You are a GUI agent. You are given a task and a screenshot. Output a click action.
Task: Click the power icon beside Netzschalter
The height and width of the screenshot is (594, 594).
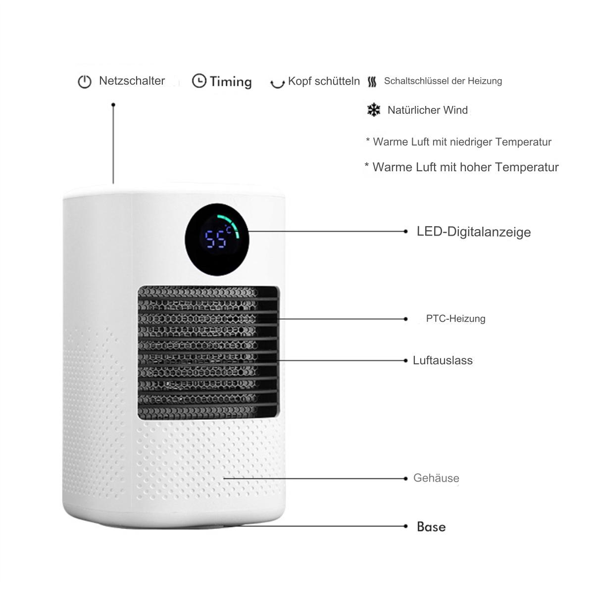pos(85,82)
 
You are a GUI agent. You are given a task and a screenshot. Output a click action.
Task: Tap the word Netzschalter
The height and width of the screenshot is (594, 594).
pos(132,81)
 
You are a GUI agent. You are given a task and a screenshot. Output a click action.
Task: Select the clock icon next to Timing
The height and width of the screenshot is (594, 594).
pos(199,81)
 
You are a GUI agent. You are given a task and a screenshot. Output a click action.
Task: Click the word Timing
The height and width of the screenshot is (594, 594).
pos(231,82)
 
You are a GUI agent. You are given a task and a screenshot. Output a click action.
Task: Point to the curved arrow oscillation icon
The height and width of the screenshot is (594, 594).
pos(277,84)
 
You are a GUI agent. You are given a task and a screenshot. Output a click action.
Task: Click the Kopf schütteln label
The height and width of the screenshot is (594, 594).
pos(324,81)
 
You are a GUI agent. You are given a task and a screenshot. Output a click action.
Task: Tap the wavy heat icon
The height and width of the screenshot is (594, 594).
pos(372,82)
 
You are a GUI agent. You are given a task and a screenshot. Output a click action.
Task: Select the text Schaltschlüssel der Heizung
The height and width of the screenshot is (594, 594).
pos(443,81)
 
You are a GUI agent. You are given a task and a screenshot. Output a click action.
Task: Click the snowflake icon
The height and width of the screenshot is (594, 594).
pos(374,110)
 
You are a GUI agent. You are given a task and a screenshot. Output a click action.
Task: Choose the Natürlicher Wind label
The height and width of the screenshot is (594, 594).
pos(428,110)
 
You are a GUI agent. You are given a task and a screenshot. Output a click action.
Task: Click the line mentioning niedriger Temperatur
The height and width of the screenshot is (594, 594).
pos(459,142)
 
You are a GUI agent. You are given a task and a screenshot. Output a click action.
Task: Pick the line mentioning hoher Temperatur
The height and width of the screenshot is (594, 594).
pos(461,167)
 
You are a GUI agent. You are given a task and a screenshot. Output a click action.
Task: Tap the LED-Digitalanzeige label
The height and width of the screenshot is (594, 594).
pos(474,232)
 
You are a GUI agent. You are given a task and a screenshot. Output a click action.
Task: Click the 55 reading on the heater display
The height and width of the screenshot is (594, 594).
pos(215,239)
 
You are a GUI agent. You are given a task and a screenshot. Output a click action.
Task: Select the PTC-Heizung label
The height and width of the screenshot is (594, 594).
pos(455,318)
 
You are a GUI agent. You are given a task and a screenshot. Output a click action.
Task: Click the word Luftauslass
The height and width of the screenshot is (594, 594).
pos(443,360)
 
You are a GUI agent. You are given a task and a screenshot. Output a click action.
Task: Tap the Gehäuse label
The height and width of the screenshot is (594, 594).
pos(436,478)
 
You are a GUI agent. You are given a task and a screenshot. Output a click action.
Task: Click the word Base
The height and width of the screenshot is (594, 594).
pos(431,527)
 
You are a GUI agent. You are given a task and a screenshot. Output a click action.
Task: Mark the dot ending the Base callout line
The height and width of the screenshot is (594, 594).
pos(406,526)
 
